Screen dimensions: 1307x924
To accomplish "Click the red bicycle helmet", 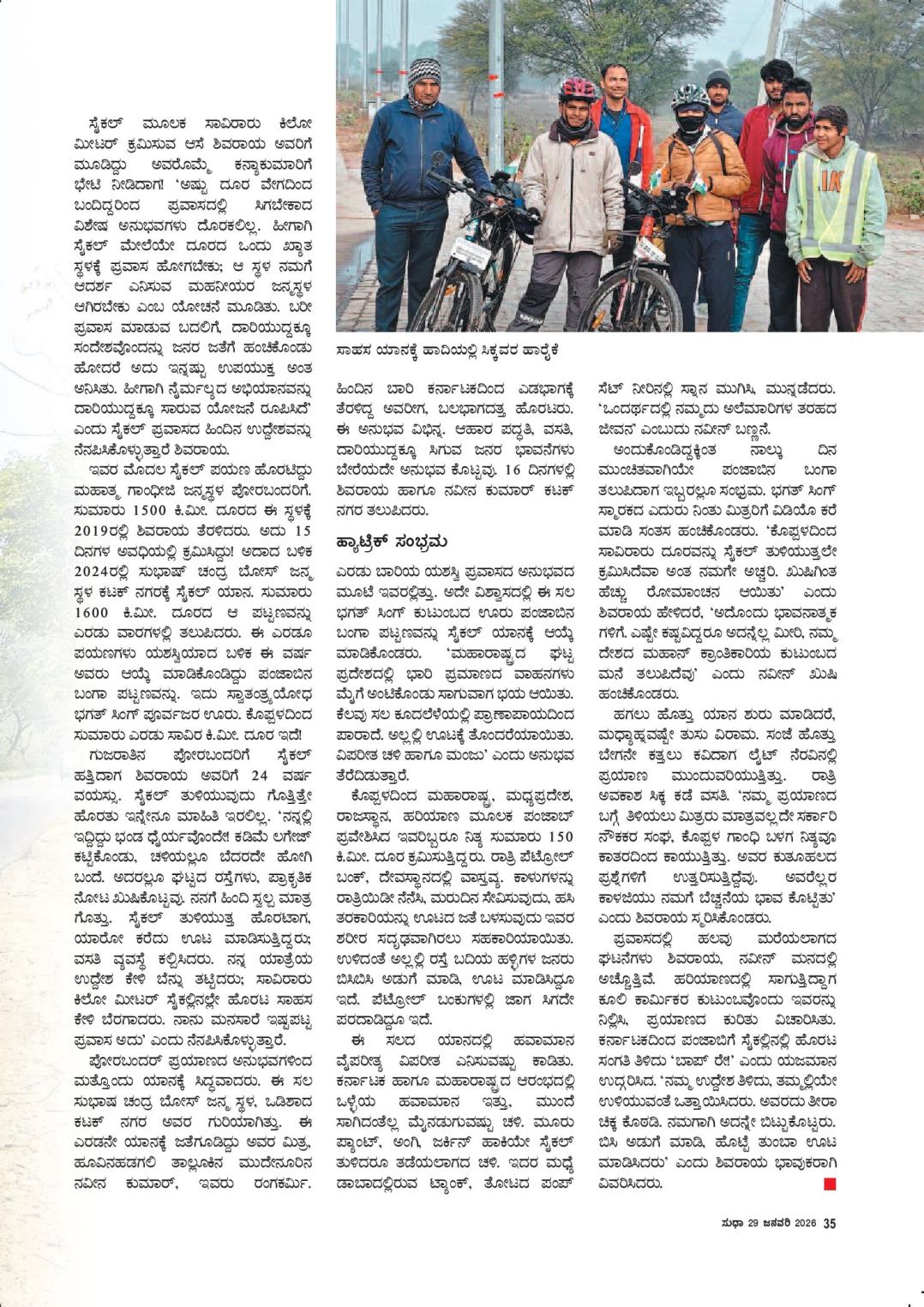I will pos(577,89).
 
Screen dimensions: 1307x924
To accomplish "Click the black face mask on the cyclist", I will pos(690,123).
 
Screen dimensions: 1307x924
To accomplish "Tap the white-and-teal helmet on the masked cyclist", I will pos(689,95).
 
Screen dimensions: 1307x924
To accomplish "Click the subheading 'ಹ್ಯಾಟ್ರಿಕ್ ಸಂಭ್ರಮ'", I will pos(392,542).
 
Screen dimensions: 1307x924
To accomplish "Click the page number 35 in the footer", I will pos(829,1223).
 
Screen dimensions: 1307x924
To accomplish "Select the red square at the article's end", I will pos(829,1184).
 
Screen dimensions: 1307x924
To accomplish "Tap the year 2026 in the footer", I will pos(804,1223).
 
